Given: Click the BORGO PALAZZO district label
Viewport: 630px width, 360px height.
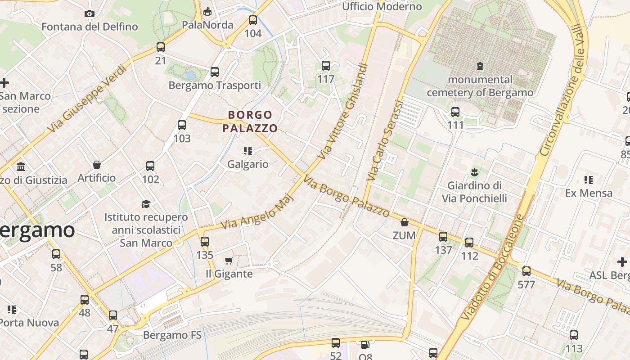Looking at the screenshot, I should pyautogui.click(x=250, y=121).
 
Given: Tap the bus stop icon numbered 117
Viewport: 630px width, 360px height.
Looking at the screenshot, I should pyautogui.click(x=326, y=66).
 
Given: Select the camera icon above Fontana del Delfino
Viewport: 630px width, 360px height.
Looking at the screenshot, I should pyautogui.click(x=90, y=13).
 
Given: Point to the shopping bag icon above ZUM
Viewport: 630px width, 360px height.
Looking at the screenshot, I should pyautogui.click(x=405, y=222).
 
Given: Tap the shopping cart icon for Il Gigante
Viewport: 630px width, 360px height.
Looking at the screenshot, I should pyautogui.click(x=229, y=261).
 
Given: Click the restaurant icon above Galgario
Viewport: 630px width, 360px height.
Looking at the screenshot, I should pyautogui.click(x=247, y=150).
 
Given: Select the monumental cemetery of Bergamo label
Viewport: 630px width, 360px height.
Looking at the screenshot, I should pyautogui.click(x=480, y=86).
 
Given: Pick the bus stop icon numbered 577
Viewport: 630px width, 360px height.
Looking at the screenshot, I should pyautogui.click(x=526, y=271).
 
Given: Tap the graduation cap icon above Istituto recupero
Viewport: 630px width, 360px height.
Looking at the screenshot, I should pyautogui.click(x=146, y=204).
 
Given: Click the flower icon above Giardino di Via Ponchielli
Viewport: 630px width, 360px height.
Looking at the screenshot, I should pyautogui.click(x=474, y=171).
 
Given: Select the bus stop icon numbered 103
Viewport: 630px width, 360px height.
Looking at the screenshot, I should pyautogui.click(x=182, y=125).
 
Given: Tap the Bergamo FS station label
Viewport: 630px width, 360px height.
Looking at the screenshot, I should pyautogui.click(x=172, y=335).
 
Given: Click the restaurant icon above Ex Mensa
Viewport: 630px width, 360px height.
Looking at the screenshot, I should pyautogui.click(x=588, y=180).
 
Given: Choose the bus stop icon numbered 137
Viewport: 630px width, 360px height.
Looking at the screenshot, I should pyautogui.click(x=443, y=237).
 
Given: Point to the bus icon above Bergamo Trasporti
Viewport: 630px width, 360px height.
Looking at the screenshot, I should pyautogui.click(x=215, y=72).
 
